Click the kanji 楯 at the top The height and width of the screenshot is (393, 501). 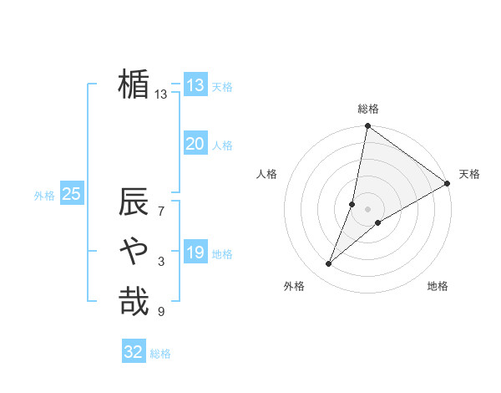pos(134,84)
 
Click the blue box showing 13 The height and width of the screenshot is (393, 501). pos(195,84)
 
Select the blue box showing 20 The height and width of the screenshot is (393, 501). pos(195,144)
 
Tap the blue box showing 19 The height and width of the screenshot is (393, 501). pos(195,253)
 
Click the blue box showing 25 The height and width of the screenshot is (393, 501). pos(71,194)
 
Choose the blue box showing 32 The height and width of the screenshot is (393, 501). pos(134,352)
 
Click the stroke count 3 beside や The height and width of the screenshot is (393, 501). pos(161,262)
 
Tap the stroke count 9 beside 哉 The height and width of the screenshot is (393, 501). pos(161,312)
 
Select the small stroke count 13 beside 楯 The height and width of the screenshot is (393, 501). pos(161,94)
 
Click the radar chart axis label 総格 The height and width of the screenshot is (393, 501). pos(368,109)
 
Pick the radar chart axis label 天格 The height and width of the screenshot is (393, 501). pos(469,174)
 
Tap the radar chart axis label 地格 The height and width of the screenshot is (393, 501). pos(438,287)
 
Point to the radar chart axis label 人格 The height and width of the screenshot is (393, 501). pos(267,174)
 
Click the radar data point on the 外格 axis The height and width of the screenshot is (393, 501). pos(329,264)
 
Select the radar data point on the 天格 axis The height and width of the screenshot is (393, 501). pos(448,183)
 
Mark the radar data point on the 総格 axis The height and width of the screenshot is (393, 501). pos(367,126)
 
